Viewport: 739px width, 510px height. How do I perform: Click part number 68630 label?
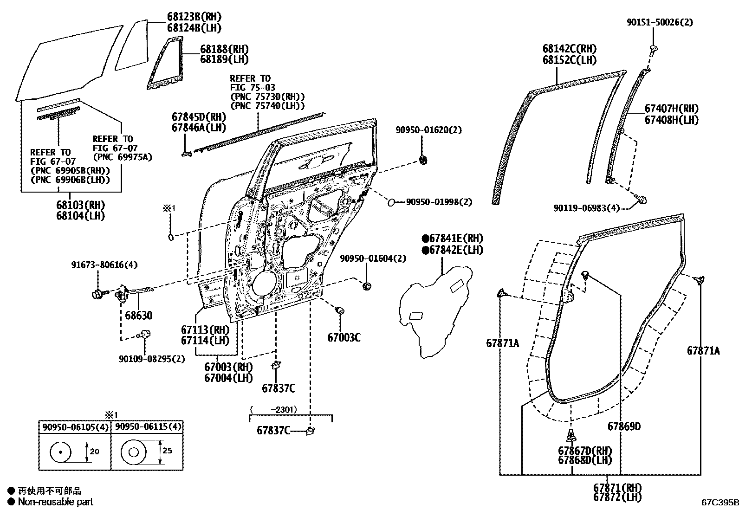tap(138, 316)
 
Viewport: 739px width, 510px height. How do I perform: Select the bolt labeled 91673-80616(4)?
tap(99, 293)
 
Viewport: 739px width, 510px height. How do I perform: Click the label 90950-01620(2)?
tap(428, 130)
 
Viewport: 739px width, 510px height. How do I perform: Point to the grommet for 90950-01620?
tap(423, 160)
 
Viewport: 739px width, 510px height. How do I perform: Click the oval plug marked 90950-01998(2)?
tap(391, 202)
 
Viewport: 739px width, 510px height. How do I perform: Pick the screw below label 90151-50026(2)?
tap(654, 49)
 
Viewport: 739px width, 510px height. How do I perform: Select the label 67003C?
tap(344, 337)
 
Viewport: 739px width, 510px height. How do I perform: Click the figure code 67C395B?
tap(719, 502)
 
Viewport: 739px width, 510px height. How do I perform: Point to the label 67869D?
tap(624, 426)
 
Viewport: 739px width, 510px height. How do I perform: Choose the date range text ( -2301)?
tap(273, 410)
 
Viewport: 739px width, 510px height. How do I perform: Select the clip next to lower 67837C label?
tap(310, 431)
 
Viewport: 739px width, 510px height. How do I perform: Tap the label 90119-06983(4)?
tap(586, 208)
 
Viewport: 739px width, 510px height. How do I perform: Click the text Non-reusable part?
tap(55, 502)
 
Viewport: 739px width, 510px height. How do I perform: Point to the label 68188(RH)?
tap(224, 49)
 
